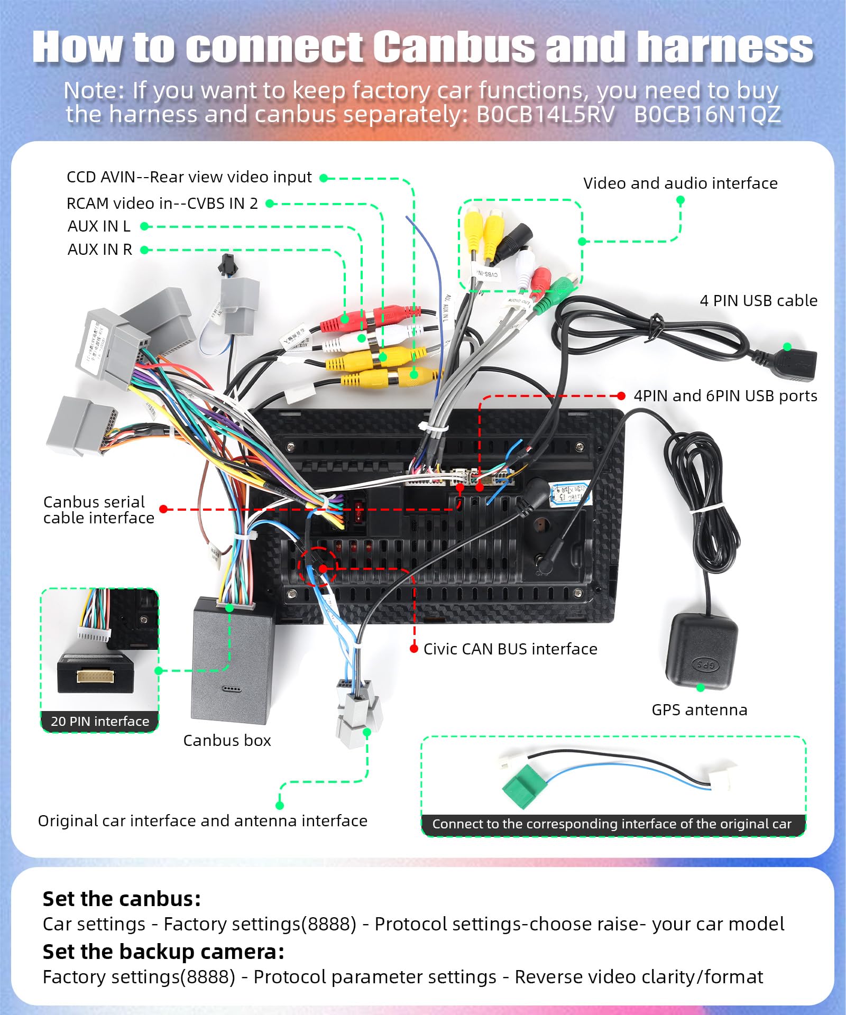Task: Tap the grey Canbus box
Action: tap(233, 661)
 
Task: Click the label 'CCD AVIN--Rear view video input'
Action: tap(189, 177)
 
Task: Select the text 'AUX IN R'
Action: tap(100, 250)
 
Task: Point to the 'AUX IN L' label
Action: tap(99, 226)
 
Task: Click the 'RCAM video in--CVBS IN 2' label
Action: tap(162, 204)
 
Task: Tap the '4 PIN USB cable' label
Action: tap(758, 301)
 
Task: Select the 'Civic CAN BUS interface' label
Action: tap(510, 649)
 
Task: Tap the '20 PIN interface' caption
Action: tap(100, 721)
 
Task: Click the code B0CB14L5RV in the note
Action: tap(546, 114)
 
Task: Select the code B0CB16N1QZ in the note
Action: tap(707, 114)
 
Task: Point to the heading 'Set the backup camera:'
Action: tap(163, 952)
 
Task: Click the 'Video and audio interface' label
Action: tap(680, 183)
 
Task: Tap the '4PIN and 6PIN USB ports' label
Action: tap(725, 396)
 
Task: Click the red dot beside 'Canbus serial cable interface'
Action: tap(163, 509)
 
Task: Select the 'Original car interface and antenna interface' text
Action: tap(203, 821)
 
